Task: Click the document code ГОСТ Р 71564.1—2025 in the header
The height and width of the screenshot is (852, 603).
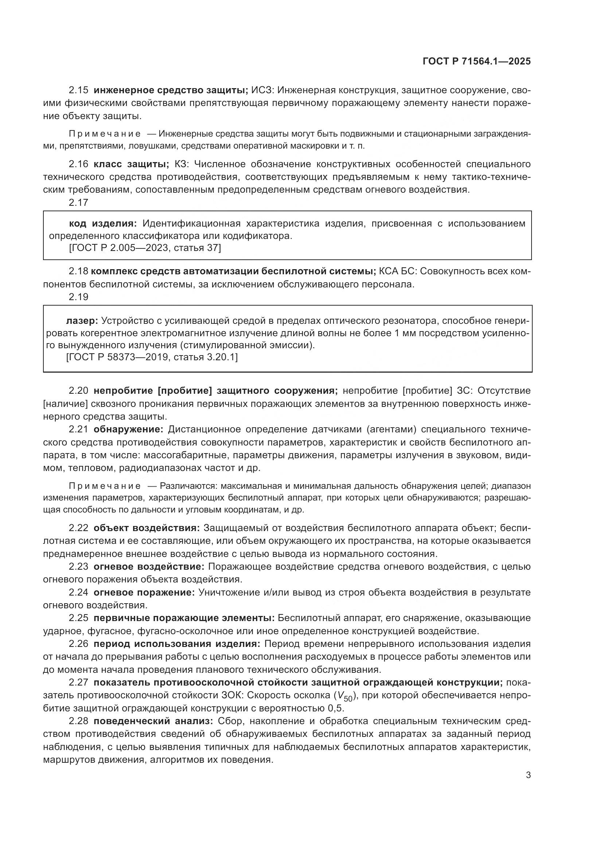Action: click(x=476, y=62)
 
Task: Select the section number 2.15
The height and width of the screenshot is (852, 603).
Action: click(x=78, y=90)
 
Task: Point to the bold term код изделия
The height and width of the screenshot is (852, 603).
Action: click(x=103, y=223)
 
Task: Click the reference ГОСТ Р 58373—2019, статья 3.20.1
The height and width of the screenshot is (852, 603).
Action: click(x=152, y=357)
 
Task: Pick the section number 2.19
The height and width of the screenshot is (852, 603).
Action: click(x=78, y=297)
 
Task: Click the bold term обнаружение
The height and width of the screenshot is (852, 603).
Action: click(x=128, y=429)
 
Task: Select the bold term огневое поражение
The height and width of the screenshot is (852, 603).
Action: click(x=144, y=593)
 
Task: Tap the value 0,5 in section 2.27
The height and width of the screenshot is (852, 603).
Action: click(x=336, y=708)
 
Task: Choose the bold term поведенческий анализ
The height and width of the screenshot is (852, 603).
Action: click(x=153, y=721)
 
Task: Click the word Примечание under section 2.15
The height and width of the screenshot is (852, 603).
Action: click(x=105, y=134)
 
